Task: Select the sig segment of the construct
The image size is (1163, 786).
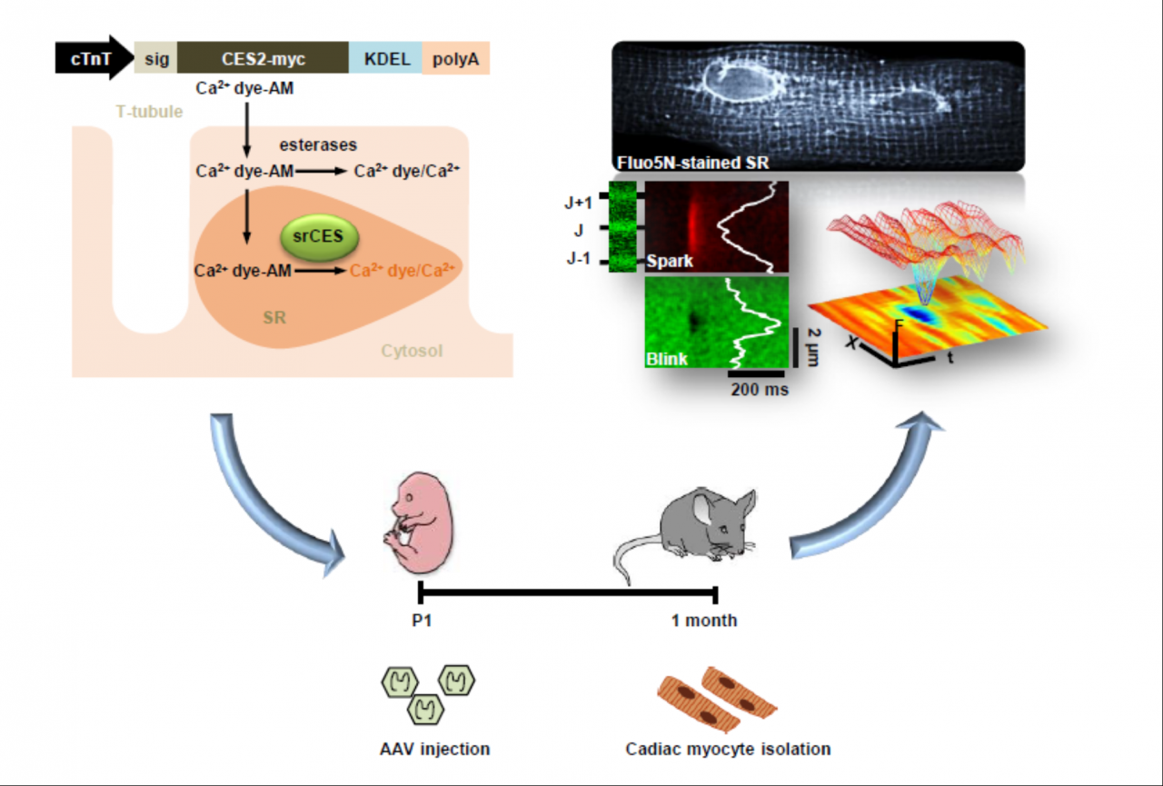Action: [155, 59]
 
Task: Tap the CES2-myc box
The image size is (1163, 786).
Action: [263, 59]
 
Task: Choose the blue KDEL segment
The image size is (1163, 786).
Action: [385, 59]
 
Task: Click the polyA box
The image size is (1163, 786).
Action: [456, 59]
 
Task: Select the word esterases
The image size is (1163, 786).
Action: [318, 144]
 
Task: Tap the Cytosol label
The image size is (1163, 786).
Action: [411, 350]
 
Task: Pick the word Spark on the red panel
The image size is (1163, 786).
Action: [671, 261]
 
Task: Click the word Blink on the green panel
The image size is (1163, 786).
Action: [667, 359]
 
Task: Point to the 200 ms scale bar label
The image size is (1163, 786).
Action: [760, 390]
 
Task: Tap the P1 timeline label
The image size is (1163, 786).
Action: [421, 622]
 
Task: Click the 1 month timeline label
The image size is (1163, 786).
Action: [704, 622]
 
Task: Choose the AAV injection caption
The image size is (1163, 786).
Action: [434, 750]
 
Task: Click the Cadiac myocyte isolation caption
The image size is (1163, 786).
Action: [728, 750]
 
